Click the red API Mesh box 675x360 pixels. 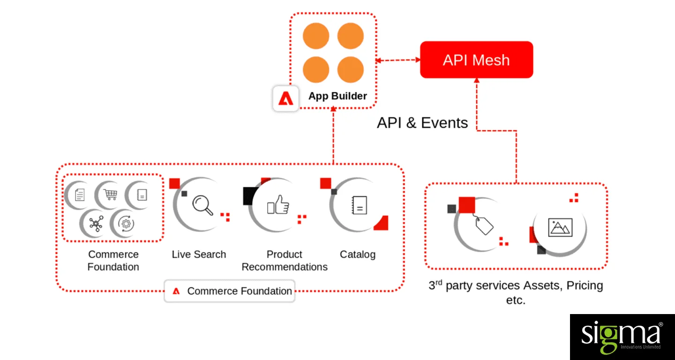click(476, 60)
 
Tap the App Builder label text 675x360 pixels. click(337, 96)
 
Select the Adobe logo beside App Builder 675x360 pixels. click(285, 98)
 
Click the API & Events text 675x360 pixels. click(422, 123)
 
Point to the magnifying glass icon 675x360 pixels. click(202, 205)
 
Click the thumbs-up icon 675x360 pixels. click(278, 205)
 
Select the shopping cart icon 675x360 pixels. click(111, 194)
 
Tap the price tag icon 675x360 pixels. click(484, 225)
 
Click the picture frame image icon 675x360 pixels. click(560, 227)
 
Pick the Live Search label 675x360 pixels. click(199, 255)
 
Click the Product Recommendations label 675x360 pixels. click(285, 261)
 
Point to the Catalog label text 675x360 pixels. click(358, 255)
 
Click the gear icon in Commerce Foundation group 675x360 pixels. click(126, 224)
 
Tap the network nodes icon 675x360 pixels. click(96, 224)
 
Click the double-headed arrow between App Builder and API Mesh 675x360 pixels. click(398, 60)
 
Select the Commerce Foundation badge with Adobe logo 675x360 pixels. click(230, 291)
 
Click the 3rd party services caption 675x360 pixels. click(516, 292)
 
